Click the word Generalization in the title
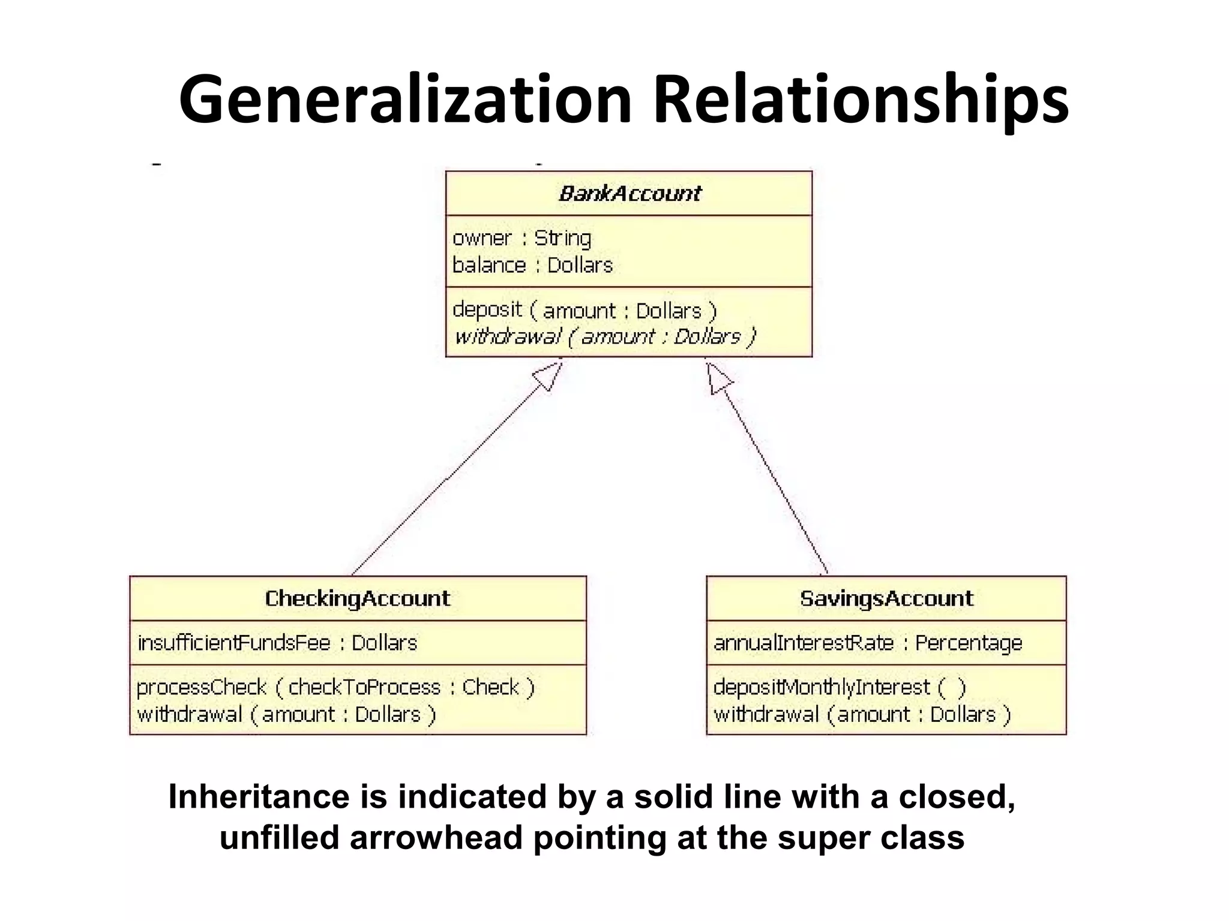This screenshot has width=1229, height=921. pos(405,99)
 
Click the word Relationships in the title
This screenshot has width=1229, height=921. pos(861,99)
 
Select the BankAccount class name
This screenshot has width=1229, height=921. pos(630,194)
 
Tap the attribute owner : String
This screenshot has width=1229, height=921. pos(521,239)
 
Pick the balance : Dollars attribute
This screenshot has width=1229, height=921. pos(532,265)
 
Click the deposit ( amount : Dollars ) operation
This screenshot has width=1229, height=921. pos(584,311)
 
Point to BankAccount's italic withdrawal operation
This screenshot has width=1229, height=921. pos(605,337)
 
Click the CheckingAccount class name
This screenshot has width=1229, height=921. pos(358,598)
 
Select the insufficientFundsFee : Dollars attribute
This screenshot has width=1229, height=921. pos(277,643)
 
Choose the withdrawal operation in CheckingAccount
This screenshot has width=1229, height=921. pos(286,715)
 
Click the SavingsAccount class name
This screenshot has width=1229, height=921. pos(886,598)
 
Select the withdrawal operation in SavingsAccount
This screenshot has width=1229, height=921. pos(862,715)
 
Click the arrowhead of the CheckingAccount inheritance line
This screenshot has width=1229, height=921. pos(548,376)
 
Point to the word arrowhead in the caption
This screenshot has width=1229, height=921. pos(436,838)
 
